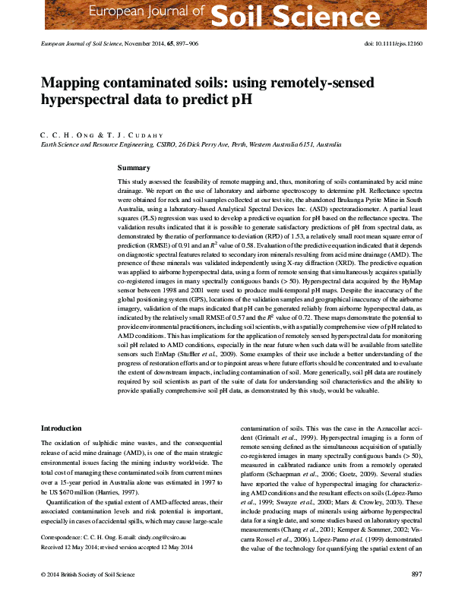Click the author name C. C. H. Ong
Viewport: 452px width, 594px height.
67,134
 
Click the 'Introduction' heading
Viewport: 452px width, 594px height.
61,429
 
